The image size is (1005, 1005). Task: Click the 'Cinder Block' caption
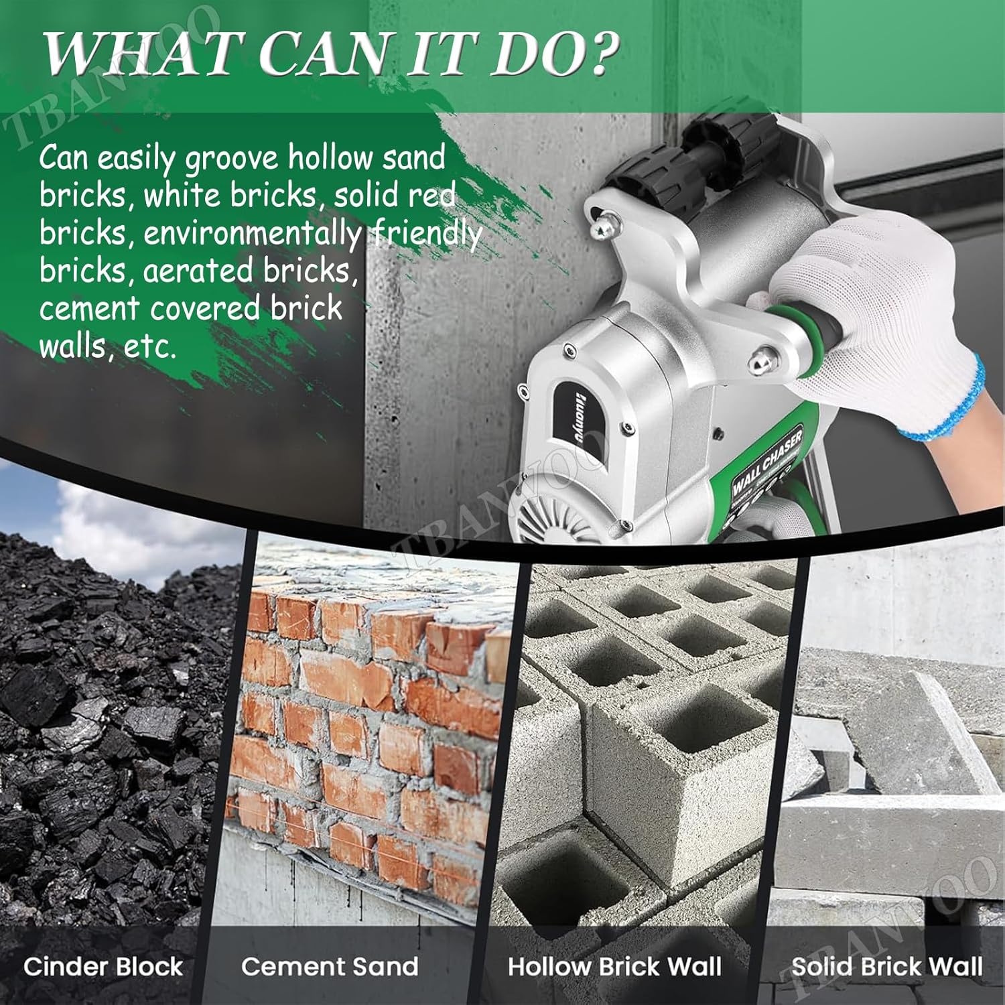(x=103, y=966)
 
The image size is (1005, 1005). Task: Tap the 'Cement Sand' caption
(x=330, y=966)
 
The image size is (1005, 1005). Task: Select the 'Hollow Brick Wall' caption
(x=614, y=966)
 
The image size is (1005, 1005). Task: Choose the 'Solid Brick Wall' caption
(x=887, y=966)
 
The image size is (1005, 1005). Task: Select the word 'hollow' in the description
(x=330, y=157)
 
